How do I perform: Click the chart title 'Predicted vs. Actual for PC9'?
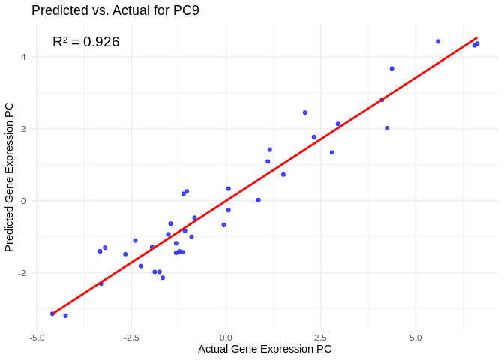tap(115, 10)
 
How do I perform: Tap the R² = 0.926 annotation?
tap(86, 42)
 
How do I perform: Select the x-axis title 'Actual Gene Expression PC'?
tap(265, 349)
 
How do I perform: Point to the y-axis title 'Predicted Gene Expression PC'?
tap(10, 177)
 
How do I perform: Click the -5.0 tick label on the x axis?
tap(37, 337)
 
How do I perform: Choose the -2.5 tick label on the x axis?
tap(131, 337)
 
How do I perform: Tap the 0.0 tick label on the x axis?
tap(226, 337)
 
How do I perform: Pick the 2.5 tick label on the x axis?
tap(321, 337)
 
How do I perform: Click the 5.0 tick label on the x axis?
tap(415, 337)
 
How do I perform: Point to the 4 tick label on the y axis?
tap(24, 57)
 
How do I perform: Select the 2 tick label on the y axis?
tap(24, 129)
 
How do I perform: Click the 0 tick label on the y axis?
tap(24, 201)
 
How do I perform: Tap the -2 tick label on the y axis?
tap(22, 273)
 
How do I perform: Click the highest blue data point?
tap(438, 42)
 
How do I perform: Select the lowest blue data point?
tap(66, 316)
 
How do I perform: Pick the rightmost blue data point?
tap(478, 43)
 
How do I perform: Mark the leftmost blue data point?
tap(52, 313)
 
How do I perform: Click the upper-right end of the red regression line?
tap(477, 37)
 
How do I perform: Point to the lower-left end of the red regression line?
tap(52, 313)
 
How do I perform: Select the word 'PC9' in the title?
tap(184, 10)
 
